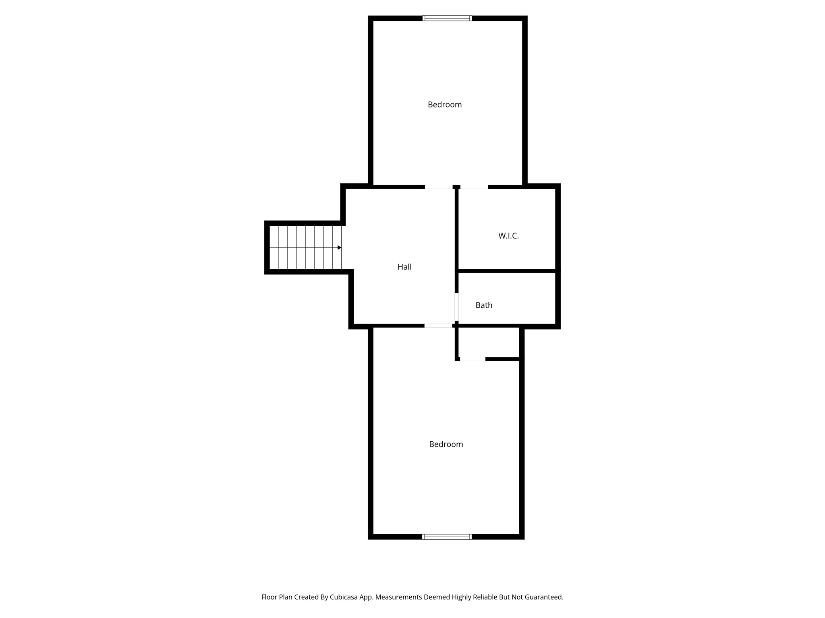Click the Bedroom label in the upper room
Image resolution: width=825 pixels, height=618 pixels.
pos(444,105)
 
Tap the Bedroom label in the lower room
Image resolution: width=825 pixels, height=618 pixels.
pos(446,444)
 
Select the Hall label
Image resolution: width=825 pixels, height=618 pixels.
pos(404,267)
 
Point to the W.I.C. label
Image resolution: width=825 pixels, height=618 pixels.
pos(508,236)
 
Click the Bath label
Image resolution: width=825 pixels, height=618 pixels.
pos(483,305)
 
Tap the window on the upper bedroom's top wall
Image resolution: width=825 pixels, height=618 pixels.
pos(447,18)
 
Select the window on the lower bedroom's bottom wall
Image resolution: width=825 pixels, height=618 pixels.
pos(447,537)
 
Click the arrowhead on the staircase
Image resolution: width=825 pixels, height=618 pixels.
pos(339,247)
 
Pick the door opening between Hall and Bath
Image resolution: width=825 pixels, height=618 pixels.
pos(456,307)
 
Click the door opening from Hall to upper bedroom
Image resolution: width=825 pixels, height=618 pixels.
pos(439,187)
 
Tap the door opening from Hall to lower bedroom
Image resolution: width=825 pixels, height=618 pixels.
pos(438,325)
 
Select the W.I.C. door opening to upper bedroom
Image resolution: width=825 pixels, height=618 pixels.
pos(474,187)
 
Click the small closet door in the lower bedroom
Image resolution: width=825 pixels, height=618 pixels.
pos(473,359)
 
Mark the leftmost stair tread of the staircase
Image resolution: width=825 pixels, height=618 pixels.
pos(274,247)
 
